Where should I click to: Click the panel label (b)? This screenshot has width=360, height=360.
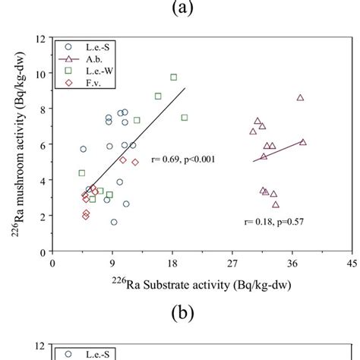point(179,312)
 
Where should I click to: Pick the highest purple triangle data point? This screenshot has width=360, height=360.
point(300,98)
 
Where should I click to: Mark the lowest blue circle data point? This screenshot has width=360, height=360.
point(114,222)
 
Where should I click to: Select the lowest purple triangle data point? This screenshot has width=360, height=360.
point(276,204)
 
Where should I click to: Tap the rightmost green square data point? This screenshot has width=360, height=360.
point(184,118)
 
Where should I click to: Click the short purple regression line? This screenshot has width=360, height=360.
point(279,151)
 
